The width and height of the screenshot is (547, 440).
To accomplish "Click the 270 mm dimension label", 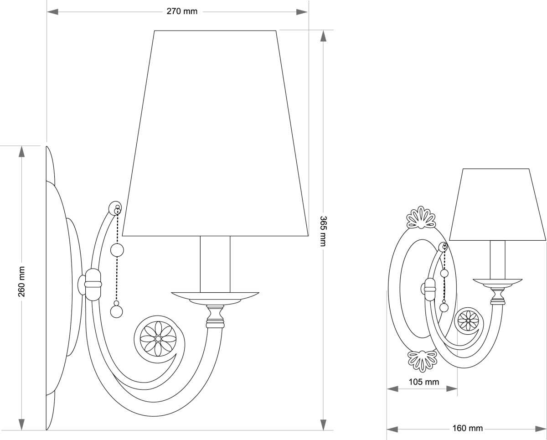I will pos(182,11).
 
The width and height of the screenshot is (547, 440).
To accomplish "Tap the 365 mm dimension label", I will pos(323,231).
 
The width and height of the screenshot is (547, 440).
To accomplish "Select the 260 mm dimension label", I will pos(21,281).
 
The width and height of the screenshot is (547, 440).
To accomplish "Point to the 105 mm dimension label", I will pos(423,382).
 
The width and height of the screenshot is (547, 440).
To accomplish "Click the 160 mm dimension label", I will pos(468,428).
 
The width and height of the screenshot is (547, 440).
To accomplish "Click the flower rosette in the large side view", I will pos(157,338).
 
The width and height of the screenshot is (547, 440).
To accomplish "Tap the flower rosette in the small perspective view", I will pos(468,320).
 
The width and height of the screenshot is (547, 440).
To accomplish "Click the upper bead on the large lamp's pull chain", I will pos(118,250).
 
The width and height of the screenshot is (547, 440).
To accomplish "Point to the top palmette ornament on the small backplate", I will pos(421,217).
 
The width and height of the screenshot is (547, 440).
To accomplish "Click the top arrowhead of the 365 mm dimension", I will pos(323,36).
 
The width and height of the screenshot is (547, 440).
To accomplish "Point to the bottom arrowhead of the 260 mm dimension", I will pos(21,424).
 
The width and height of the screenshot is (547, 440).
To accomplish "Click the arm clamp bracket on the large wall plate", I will pos(93,284).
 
